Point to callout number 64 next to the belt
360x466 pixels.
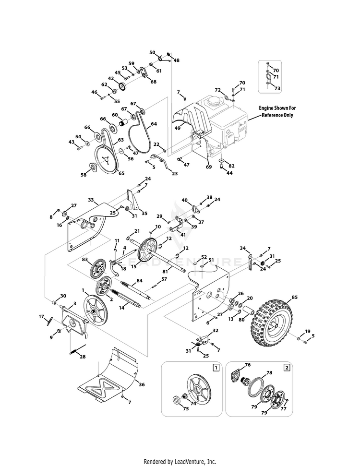(154, 124)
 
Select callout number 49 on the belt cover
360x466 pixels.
(177, 128)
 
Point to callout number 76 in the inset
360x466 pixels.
(248, 365)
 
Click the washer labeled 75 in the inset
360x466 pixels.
(178, 399)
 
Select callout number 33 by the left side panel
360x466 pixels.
(90, 200)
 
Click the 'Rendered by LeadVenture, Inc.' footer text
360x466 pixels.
(180, 461)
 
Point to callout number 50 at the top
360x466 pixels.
(152, 52)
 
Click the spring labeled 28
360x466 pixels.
(78, 350)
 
